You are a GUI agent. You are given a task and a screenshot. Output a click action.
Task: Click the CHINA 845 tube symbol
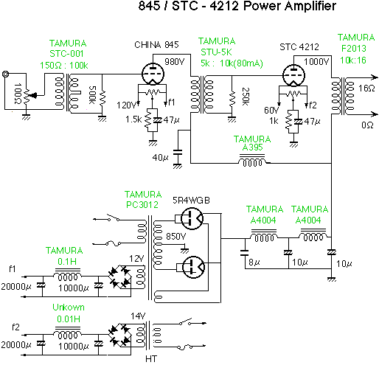(153, 74)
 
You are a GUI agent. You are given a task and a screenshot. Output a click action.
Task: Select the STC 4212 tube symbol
(293, 75)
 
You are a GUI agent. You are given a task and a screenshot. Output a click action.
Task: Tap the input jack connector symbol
(5, 74)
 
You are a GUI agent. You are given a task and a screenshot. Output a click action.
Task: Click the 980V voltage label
(175, 61)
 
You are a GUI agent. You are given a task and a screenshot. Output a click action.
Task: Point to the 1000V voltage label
(316, 61)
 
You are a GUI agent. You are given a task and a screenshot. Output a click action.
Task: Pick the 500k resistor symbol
(102, 98)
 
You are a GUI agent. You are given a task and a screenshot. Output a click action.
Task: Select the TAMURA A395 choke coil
(252, 161)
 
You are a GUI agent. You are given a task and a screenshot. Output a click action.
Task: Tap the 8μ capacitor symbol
(245, 253)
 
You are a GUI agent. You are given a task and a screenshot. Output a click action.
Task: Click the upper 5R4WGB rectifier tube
(192, 218)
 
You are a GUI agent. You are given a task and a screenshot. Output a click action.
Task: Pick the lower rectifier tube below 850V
(193, 267)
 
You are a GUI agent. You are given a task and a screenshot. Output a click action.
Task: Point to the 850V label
(176, 237)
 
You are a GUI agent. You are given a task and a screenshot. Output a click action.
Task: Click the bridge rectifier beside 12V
(119, 277)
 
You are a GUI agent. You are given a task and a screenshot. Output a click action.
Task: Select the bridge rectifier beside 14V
(119, 335)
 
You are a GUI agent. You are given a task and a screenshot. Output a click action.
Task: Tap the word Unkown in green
(69, 307)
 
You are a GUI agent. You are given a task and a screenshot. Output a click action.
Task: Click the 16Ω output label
(366, 88)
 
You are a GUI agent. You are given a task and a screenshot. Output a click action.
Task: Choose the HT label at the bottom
(151, 359)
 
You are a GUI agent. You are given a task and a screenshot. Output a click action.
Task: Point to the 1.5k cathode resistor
(148, 119)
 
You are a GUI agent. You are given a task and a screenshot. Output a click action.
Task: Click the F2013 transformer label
(354, 49)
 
